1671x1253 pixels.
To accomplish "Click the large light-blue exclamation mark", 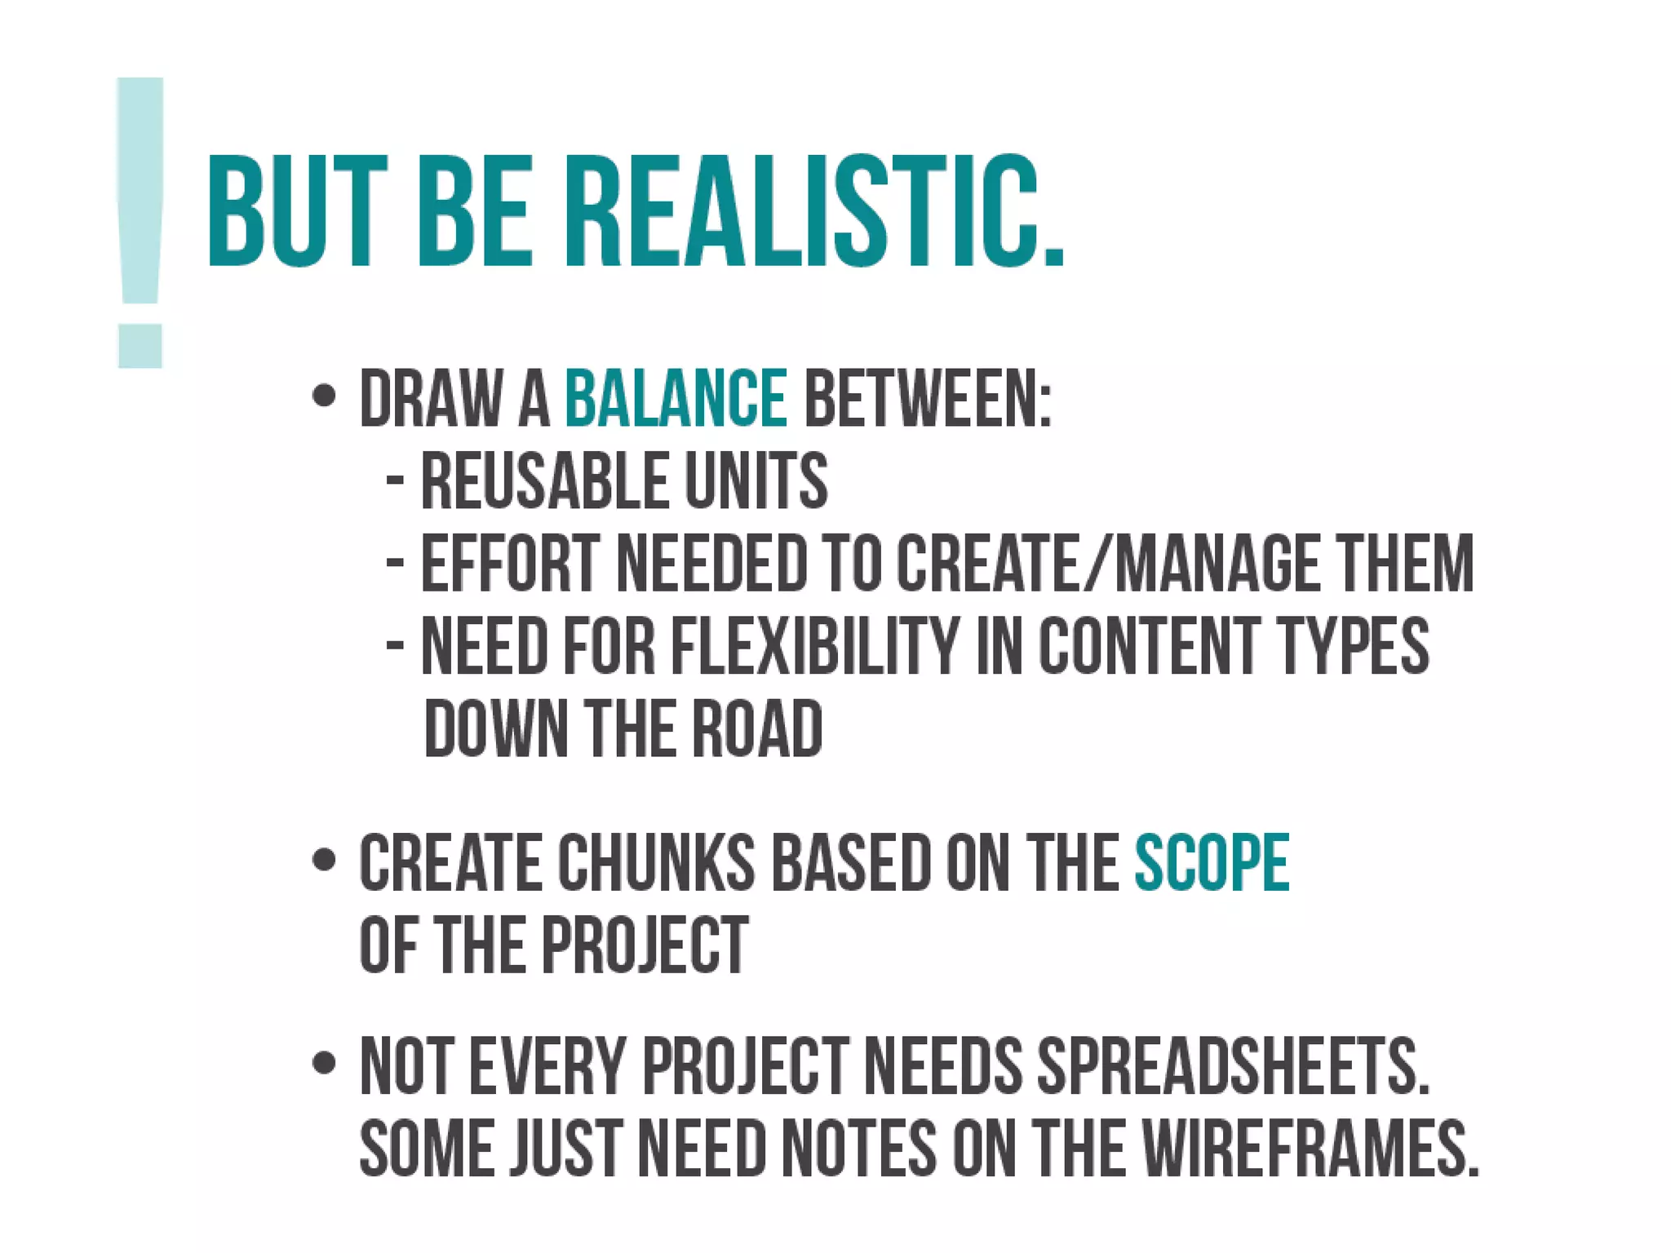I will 140,222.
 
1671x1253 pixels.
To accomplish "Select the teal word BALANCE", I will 676,399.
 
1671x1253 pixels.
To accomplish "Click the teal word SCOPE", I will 1212,863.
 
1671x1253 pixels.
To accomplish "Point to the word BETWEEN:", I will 928,399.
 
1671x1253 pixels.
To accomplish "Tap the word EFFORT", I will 510,564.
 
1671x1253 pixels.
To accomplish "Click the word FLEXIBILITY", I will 814,646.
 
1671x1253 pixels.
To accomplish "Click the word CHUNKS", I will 657,863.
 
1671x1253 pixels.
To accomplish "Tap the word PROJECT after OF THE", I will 645,945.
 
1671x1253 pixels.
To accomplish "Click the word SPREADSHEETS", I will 1233,1067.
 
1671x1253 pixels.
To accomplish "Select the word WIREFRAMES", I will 1310,1149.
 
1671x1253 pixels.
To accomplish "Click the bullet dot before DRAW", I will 324,397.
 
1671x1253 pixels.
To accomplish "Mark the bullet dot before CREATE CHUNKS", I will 324,860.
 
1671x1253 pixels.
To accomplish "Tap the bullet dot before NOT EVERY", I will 324,1064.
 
